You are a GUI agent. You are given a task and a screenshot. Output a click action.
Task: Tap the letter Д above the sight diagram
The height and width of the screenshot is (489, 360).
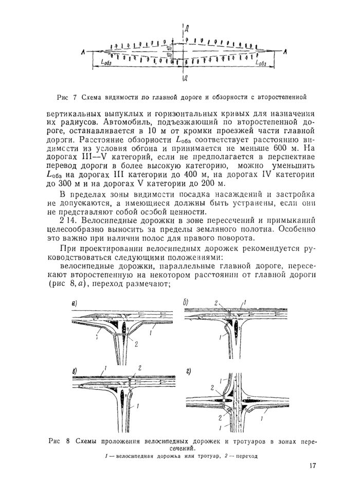188,27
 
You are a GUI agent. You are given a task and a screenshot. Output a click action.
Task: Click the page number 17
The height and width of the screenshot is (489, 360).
313,466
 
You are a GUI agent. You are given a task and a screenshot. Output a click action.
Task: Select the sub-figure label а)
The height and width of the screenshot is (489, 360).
74,304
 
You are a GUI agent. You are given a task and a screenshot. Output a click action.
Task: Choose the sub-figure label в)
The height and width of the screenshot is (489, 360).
74,370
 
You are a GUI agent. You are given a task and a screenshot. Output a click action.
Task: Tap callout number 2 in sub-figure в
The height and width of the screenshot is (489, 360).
139,369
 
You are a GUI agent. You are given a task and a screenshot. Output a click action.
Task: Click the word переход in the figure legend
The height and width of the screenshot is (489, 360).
245,456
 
